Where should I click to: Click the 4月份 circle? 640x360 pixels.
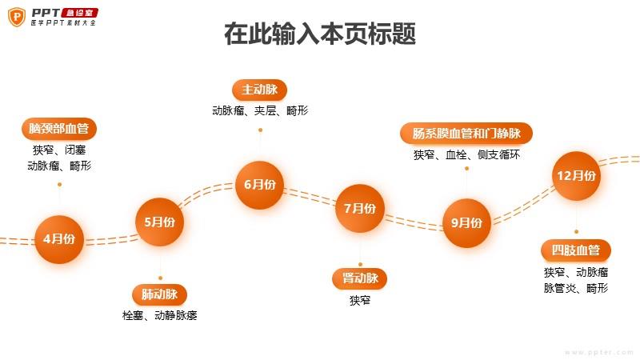[59, 239]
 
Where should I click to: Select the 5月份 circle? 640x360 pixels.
[159, 222]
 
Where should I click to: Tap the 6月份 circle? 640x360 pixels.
[259, 185]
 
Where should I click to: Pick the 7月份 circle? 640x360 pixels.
[360, 209]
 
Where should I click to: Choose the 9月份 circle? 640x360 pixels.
[466, 223]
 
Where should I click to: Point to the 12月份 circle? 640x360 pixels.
[576, 176]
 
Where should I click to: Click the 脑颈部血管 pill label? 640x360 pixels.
[59, 129]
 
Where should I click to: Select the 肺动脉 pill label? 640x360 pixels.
[159, 294]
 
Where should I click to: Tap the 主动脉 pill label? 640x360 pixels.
[259, 90]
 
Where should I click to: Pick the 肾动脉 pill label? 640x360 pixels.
[360, 278]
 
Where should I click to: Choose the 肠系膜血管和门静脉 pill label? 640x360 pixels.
[466, 134]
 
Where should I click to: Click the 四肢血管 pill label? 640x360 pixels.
[576, 250]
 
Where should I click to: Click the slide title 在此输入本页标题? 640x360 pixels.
[320, 34]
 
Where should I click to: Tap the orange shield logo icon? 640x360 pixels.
[17, 17]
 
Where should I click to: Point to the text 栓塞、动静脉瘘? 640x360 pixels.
[159, 315]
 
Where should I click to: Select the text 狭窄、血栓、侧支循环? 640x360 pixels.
[466, 154]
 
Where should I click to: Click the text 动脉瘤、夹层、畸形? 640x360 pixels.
[260, 110]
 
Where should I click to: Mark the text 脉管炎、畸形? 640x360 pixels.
[576, 288]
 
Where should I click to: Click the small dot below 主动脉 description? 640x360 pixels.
[260, 130]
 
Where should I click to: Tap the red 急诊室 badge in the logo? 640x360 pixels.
[79, 13]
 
